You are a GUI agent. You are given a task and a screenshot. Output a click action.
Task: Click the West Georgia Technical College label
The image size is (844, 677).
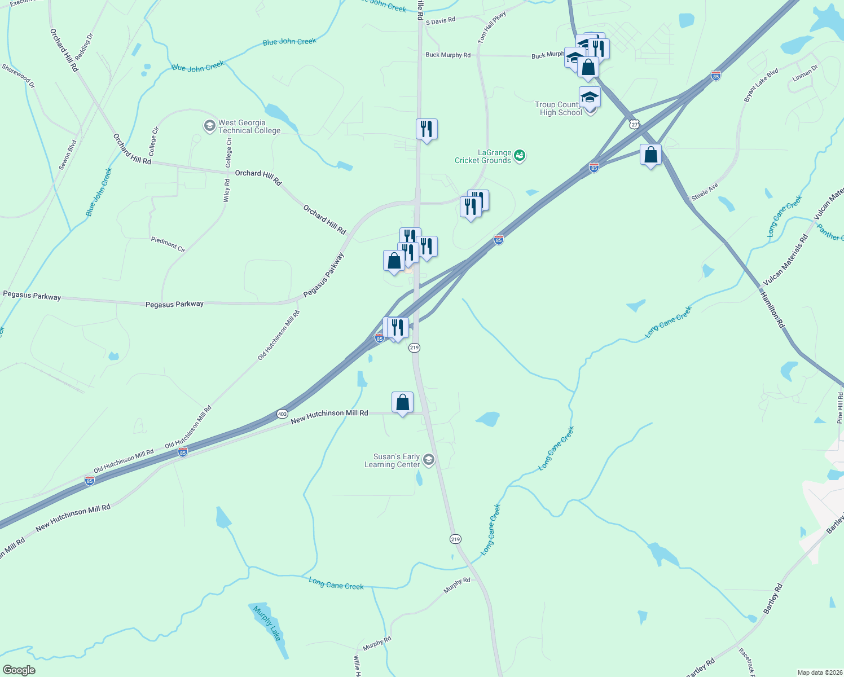[x=249, y=126]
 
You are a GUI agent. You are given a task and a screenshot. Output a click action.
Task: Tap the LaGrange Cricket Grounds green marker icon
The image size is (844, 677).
[x=520, y=155]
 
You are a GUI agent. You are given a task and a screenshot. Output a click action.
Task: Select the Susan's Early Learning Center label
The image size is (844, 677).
[x=392, y=460]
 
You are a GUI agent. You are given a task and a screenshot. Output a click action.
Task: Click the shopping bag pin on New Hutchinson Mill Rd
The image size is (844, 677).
[x=402, y=403]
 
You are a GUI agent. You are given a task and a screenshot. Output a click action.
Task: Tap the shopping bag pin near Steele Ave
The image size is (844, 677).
[x=650, y=155]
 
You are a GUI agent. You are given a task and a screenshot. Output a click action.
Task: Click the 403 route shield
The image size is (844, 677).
[x=283, y=414]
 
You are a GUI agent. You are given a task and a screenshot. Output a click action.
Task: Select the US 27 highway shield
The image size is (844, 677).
[x=635, y=124]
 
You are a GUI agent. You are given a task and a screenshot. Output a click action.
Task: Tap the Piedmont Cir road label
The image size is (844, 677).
[x=168, y=244]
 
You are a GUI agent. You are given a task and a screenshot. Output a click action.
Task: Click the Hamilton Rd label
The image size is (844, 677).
[x=772, y=310]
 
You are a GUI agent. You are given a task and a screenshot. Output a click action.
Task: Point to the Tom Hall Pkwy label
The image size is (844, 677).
[x=492, y=28]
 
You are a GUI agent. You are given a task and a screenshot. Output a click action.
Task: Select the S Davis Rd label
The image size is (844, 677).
[x=440, y=21]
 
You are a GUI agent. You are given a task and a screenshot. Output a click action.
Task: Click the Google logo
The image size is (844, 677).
[x=19, y=670]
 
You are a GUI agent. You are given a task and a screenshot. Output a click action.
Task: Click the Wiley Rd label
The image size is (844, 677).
[x=227, y=191]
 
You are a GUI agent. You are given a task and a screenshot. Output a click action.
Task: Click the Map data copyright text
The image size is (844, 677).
[x=819, y=672]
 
